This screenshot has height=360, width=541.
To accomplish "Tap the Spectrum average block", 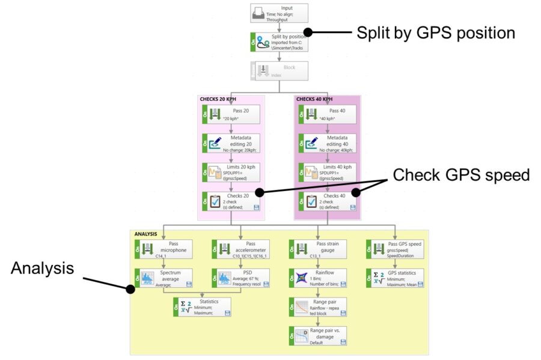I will pyautogui.click(x=162, y=278).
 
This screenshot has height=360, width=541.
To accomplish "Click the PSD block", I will pyautogui.click(x=239, y=278).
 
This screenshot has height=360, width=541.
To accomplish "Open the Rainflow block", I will pyautogui.click(x=317, y=278).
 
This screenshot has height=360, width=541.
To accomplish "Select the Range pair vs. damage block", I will pyautogui.click(x=317, y=336).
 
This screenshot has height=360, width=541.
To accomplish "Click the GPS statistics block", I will pyautogui.click(x=394, y=278).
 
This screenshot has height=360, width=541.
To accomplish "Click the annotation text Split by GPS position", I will pyautogui.click(x=436, y=33).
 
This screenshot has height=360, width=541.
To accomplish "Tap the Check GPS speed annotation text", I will pyautogui.click(x=462, y=175).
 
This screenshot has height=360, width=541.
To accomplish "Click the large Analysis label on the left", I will pyautogui.click(x=42, y=268).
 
